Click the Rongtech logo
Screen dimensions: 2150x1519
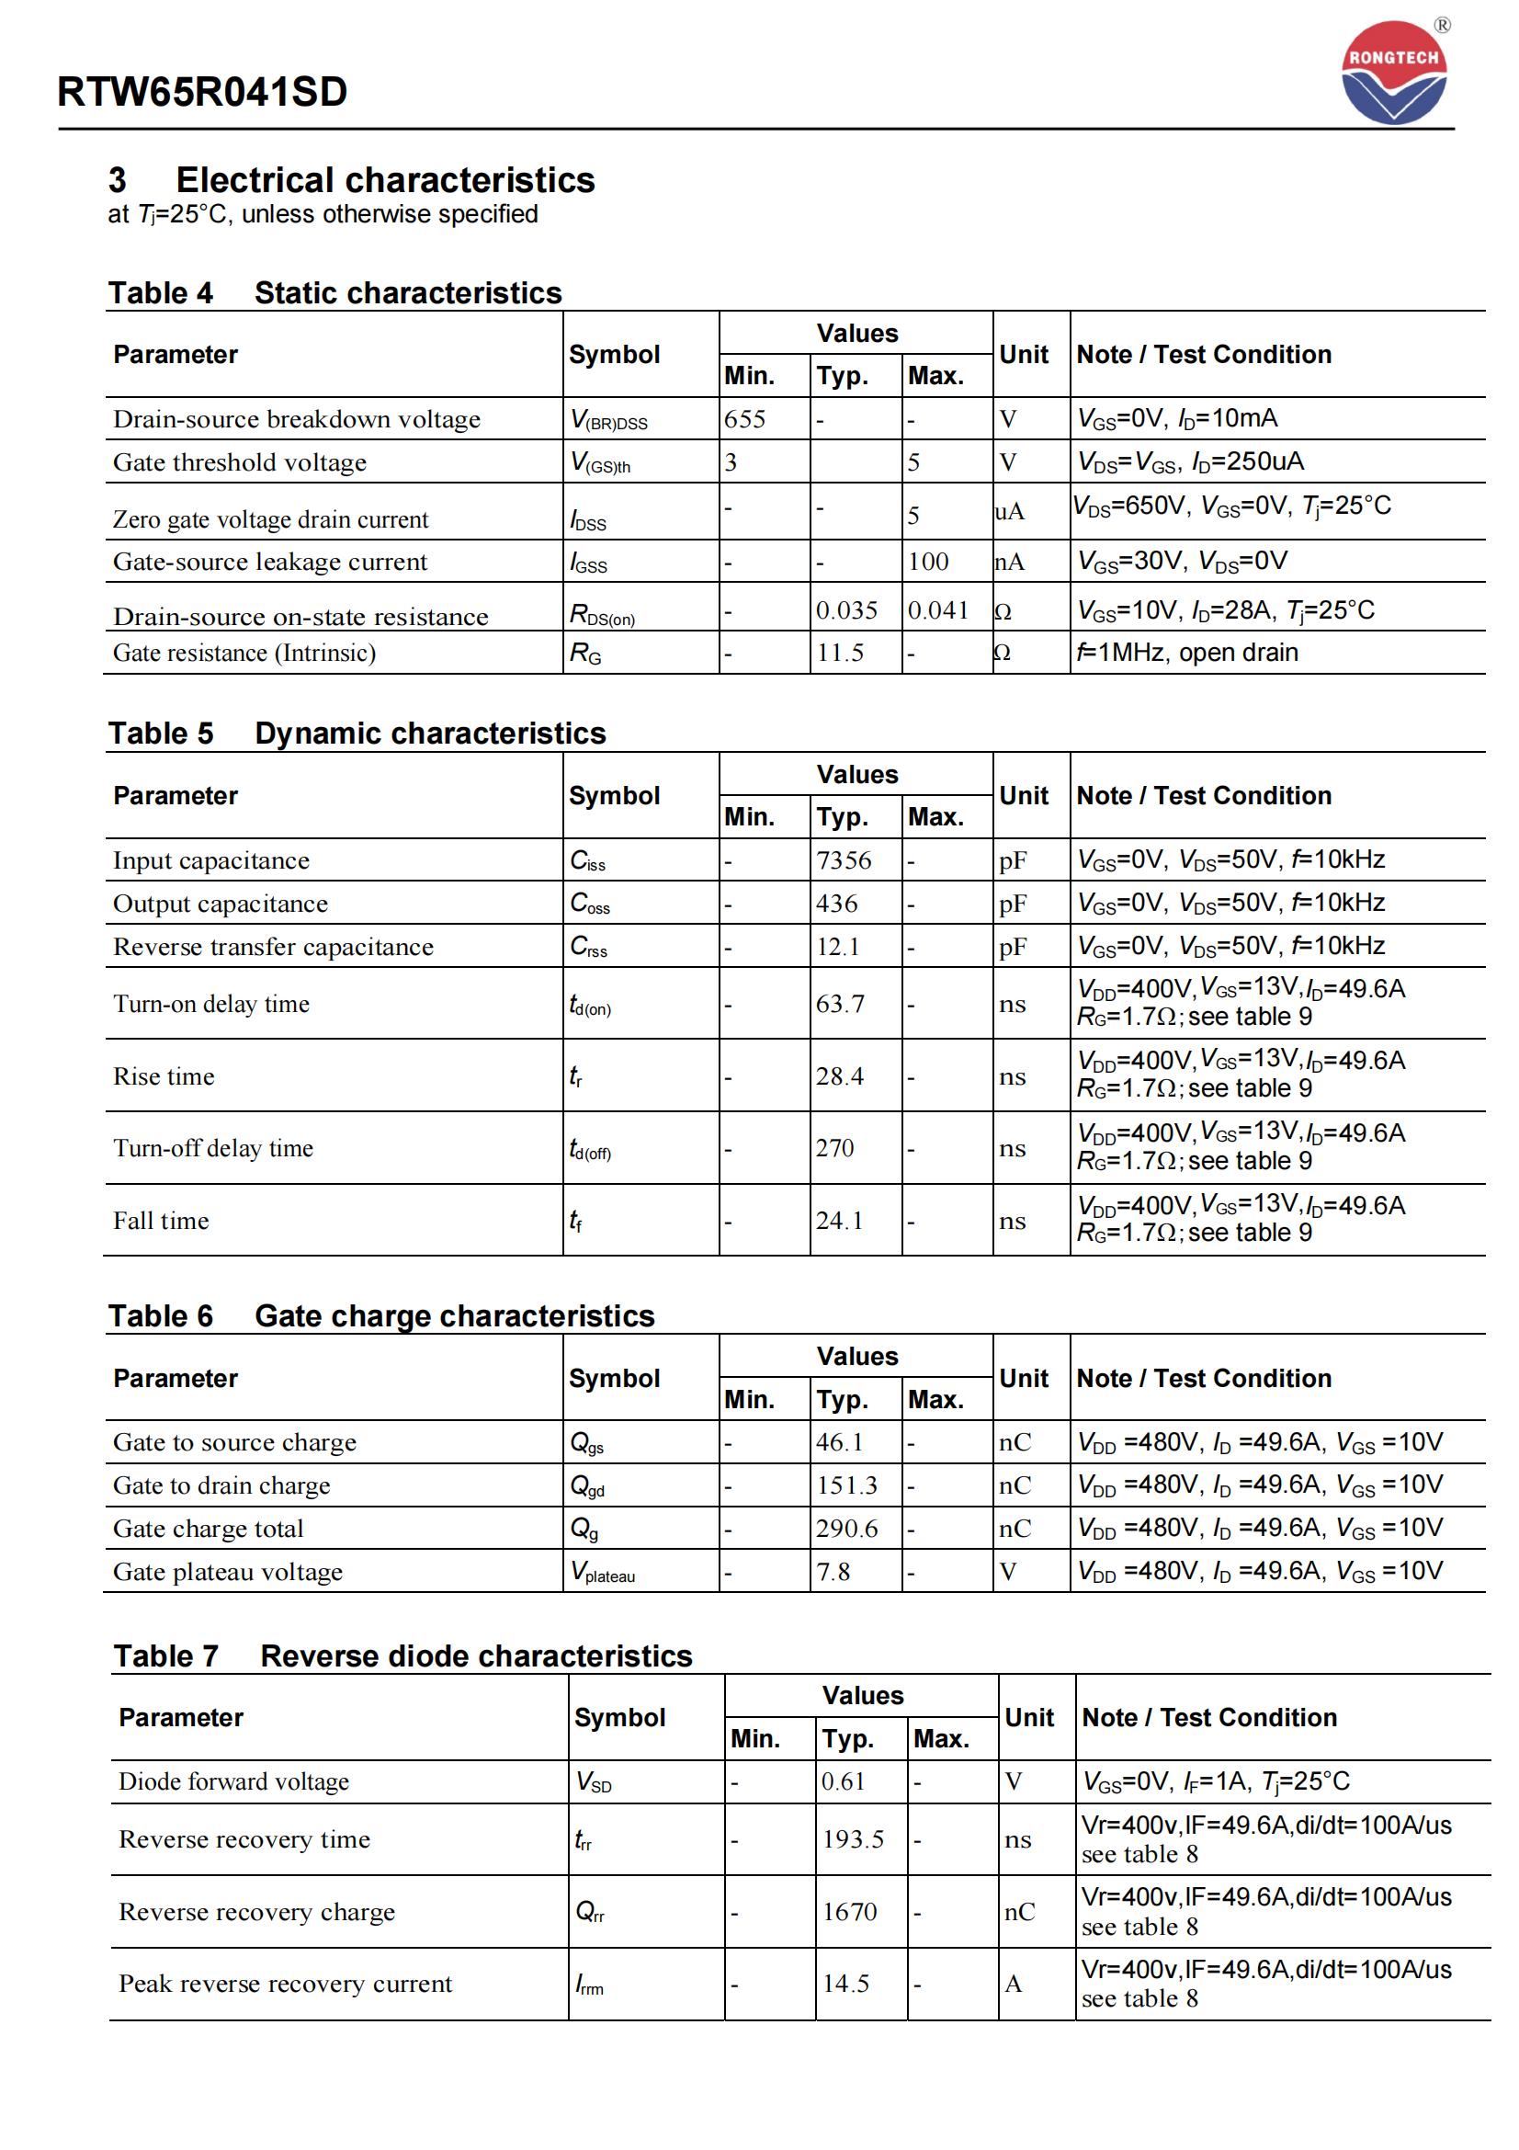pos(1394,74)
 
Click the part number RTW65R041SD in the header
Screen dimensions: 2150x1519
pos(202,92)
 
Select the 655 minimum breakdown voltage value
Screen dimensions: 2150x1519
pos(744,418)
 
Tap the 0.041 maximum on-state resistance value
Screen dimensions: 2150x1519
pos(938,610)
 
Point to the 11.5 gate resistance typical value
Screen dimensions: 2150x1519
pos(840,653)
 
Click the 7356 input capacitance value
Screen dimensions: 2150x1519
pos(844,860)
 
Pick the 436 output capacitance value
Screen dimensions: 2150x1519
pos(836,904)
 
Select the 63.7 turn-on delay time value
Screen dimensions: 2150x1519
pos(840,1004)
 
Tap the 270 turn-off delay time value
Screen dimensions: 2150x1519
pos(833,1148)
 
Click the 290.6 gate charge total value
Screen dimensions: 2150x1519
pos(846,1529)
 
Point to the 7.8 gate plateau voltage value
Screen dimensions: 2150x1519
pos(832,1571)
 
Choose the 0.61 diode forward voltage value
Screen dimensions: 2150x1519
pos(844,1781)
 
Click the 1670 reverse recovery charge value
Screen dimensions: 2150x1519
pos(849,1911)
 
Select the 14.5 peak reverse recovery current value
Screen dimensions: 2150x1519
pos(845,1984)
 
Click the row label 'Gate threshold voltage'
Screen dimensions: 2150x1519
pos(240,462)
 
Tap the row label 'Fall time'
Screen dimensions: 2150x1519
pos(161,1221)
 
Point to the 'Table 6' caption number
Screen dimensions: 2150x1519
pos(160,1315)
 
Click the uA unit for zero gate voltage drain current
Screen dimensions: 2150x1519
pos(1009,511)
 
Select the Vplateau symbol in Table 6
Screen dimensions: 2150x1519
pos(603,1572)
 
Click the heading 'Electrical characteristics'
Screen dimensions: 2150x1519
pos(385,180)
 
